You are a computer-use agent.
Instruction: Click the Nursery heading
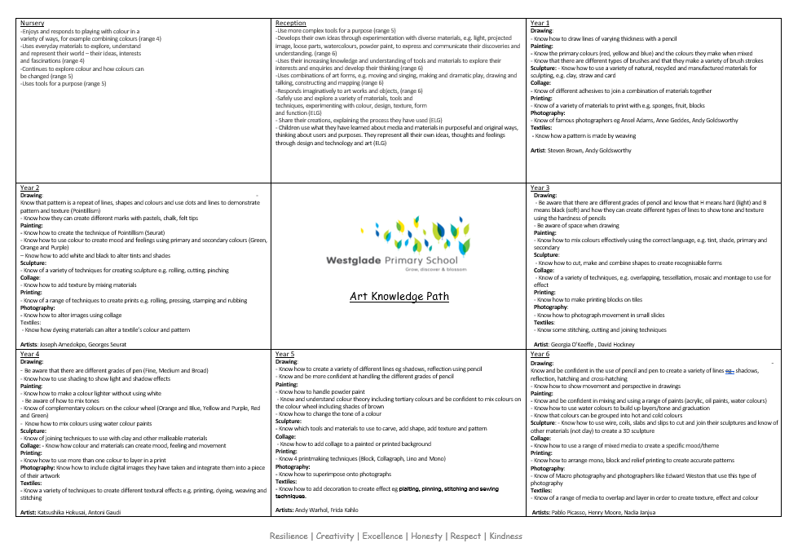click(x=32, y=24)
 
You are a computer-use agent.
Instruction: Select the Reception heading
click(x=291, y=24)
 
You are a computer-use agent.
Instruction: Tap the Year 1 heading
click(x=540, y=24)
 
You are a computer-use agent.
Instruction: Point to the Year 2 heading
click(x=29, y=188)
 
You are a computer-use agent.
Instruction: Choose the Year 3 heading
click(x=540, y=188)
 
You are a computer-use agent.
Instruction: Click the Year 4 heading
click(x=29, y=355)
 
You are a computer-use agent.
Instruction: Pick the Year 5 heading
click(x=285, y=355)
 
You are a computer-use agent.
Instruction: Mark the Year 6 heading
click(x=540, y=355)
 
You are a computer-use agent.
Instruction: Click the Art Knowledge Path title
click(x=399, y=297)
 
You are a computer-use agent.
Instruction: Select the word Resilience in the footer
click(x=289, y=536)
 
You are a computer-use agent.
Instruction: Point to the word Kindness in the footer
click(x=506, y=536)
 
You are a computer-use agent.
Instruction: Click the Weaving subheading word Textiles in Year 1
click(x=541, y=127)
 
